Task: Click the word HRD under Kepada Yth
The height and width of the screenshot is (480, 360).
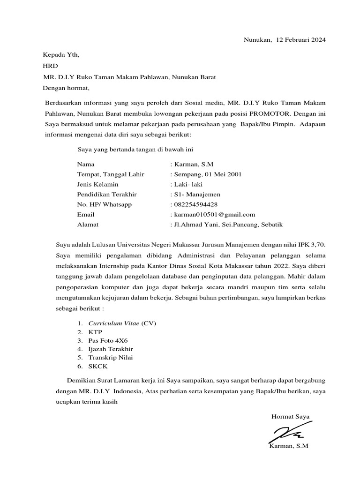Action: coord(50,66)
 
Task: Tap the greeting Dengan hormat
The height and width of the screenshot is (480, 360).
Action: coord(66,88)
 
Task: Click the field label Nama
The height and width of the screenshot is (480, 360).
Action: coord(86,165)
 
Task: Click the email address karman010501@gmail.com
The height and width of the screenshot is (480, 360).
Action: coord(214,214)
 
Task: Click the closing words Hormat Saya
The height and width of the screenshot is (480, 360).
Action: coord(290,416)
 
